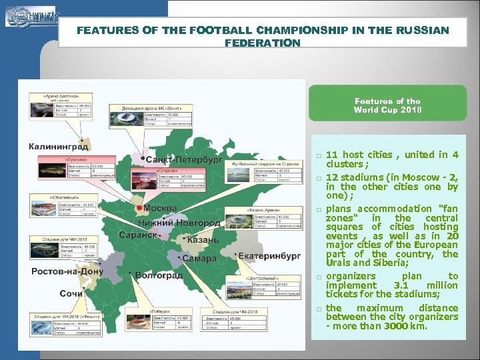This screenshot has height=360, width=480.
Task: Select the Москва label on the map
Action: [160, 208]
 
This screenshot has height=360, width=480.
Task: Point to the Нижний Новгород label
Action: [179, 222]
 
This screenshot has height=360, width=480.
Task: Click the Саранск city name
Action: [138, 235]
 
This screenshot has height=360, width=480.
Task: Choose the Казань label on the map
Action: [203, 240]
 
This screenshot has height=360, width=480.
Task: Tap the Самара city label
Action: [199, 258]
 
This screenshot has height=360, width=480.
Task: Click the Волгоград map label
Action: [159, 275]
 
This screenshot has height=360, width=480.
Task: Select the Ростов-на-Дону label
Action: [67, 271]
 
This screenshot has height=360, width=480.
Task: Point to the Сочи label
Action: [71, 293]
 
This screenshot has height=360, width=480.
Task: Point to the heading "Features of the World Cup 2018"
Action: [387, 105]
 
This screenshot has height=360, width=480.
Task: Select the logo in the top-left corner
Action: [30, 16]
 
